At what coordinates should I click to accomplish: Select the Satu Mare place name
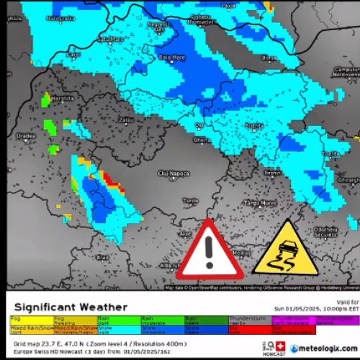(112, 38)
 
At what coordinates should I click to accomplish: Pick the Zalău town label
(127, 120)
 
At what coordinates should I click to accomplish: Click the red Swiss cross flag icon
(282, 345)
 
